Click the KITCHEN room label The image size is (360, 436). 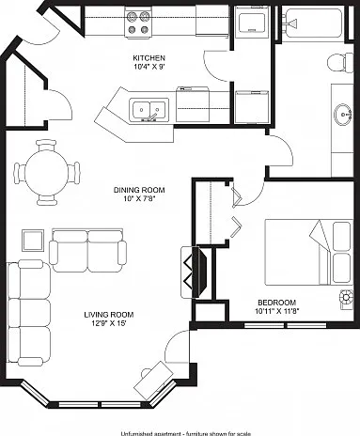(149, 58)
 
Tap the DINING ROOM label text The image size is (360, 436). (139, 190)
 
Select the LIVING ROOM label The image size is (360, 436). (109, 315)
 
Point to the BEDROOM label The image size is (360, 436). (276, 303)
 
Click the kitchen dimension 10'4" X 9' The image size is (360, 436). (149, 67)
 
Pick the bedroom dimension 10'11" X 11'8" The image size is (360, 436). (277, 311)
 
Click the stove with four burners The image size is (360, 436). (138, 23)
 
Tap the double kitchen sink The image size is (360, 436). (149, 109)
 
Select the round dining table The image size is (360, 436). (46, 172)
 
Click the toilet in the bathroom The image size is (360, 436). (340, 63)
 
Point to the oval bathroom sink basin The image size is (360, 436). (343, 115)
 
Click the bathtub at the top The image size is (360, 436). (313, 23)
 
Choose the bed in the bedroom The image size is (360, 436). (309, 253)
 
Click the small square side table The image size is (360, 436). (33, 241)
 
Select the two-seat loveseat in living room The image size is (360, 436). (87, 251)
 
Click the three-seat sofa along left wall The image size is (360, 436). (29, 313)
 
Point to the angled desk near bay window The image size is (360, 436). (154, 381)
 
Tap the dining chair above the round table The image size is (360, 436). (46, 146)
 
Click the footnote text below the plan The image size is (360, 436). (185, 433)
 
